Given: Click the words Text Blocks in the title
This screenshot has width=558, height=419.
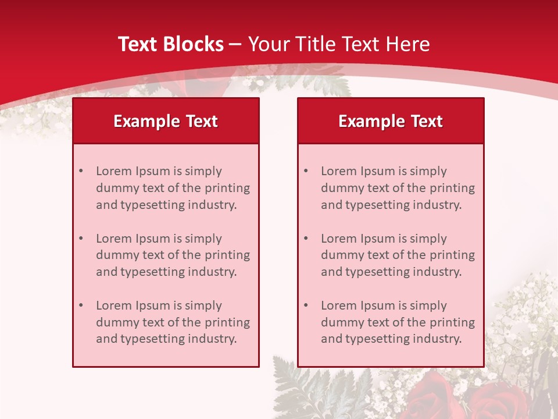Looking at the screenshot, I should point(170,44).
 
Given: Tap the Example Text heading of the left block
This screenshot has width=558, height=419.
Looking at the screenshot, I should point(166,121).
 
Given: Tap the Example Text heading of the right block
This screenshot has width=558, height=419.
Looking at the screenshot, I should point(391,121).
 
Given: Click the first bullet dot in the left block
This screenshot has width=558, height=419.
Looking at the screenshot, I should point(81,171).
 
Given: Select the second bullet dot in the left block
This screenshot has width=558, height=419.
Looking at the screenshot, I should point(81,239).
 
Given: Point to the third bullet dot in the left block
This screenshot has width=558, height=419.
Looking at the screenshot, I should point(81,306).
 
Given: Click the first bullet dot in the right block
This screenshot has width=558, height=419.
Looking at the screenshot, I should point(306,171).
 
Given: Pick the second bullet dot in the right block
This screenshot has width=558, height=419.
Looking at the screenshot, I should point(306,239).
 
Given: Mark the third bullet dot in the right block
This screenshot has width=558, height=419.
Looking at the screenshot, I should point(306,306).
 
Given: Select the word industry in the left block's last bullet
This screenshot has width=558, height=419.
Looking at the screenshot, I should point(212,339).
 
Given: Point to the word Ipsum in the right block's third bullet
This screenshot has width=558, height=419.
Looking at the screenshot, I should point(378,306).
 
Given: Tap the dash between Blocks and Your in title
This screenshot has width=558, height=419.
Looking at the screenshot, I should point(235,44).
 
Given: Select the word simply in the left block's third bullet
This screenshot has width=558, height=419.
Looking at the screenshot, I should point(202,306).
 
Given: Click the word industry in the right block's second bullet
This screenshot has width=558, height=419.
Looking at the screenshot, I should point(437,272).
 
